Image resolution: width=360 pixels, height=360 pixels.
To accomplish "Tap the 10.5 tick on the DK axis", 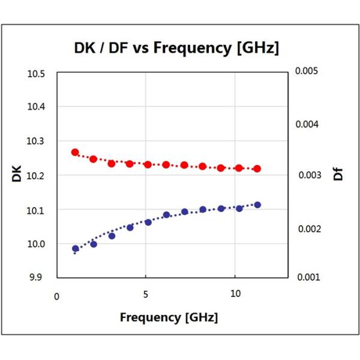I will pyautogui.click(x=37, y=74).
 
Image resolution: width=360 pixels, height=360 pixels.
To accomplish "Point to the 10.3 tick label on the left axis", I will pyautogui.click(x=37, y=142).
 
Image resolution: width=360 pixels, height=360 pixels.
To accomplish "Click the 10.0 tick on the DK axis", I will pyautogui.click(x=37, y=244).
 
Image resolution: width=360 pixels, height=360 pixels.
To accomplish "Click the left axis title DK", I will pyautogui.click(x=16, y=175).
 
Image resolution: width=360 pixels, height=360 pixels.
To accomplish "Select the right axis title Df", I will pyautogui.click(x=339, y=175).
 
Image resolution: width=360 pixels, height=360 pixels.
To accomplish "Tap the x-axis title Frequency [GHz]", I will pyautogui.click(x=169, y=316).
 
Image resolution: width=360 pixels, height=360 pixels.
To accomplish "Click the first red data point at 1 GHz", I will pyautogui.click(x=76, y=152).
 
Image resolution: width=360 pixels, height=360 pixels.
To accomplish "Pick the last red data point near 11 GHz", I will pyautogui.click(x=257, y=169).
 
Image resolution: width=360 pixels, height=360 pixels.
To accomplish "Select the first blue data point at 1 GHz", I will pyautogui.click(x=76, y=248).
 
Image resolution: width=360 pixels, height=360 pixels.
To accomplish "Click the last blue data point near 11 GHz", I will pyautogui.click(x=257, y=205).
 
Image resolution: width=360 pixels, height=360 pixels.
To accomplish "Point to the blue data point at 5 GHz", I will pyautogui.click(x=148, y=222).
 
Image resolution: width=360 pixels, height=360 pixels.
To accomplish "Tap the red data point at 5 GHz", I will pyautogui.click(x=148, y=164).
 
